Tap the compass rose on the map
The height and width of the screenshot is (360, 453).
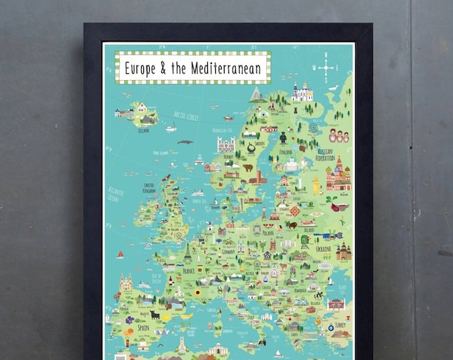[x=326, y=67]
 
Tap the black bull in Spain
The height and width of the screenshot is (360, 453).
[x=153, y=315]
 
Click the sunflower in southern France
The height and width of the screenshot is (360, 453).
[x=197, y=292]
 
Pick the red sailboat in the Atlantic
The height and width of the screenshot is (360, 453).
[x=121, y=254]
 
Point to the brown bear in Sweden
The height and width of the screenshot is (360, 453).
[x=248, y=168]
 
